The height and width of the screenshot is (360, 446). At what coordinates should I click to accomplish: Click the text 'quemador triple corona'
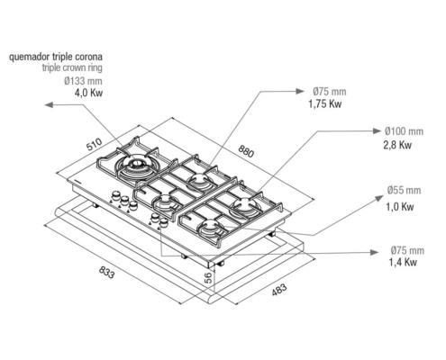point(56,57)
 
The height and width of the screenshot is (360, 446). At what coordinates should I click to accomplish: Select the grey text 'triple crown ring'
point(72,67)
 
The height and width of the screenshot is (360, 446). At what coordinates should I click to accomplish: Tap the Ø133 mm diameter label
point(83,81)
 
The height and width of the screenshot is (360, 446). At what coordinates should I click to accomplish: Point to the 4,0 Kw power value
point(88,93)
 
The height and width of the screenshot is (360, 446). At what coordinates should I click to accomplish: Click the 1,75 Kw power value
point(325,104)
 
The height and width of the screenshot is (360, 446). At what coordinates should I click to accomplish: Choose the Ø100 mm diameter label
point(404,131)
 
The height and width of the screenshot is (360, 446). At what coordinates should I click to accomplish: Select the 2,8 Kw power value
point(397,145)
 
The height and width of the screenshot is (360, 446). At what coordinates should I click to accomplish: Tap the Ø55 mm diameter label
point(404,190)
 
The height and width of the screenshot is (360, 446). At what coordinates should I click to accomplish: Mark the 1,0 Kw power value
point(400,207)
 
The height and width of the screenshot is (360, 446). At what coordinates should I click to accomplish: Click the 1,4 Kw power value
point(403,262)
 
